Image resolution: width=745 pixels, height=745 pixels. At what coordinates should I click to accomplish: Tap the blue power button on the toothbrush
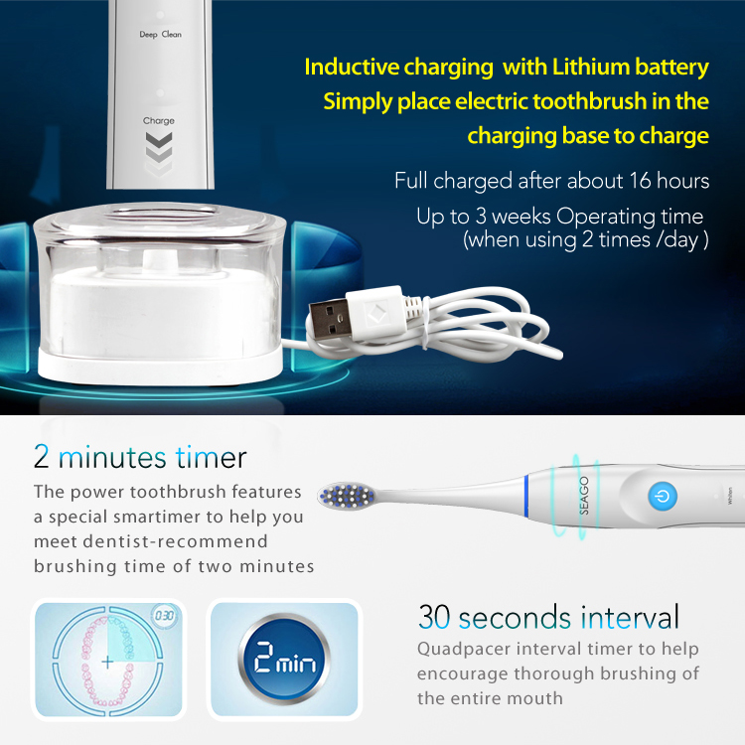663,497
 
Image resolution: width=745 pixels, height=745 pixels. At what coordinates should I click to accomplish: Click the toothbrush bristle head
346,496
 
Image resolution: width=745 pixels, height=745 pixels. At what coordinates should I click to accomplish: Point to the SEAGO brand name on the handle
584,496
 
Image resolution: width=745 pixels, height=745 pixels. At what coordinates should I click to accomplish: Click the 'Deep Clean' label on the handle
161,34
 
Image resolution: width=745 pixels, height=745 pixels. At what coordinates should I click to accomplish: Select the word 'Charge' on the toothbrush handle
159,120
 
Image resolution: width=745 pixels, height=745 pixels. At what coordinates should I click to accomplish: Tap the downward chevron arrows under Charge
159,154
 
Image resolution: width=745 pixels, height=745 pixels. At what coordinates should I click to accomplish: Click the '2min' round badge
284,659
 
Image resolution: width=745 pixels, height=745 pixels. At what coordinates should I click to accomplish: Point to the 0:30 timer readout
164,616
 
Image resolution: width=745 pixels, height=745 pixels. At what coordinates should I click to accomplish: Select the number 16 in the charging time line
640,181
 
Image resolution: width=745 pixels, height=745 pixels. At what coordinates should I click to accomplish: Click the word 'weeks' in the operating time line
521,217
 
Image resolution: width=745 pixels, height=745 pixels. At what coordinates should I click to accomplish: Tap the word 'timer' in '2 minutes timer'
211,458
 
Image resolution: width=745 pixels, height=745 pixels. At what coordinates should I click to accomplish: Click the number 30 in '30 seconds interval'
434,617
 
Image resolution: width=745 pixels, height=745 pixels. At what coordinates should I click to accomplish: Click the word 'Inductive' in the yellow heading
352,67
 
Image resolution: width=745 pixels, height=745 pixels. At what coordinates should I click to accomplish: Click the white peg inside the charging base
160,260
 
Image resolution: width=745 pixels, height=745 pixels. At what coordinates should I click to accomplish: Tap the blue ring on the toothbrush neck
525,496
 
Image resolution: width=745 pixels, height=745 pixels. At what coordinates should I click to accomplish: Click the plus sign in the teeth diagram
107,662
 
